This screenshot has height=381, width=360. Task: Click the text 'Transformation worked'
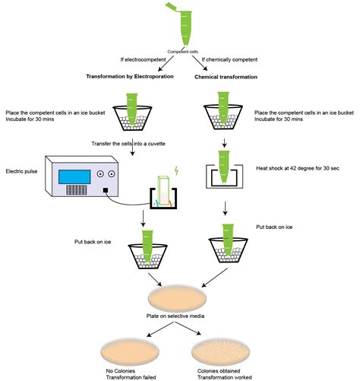(x=227, y=375)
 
